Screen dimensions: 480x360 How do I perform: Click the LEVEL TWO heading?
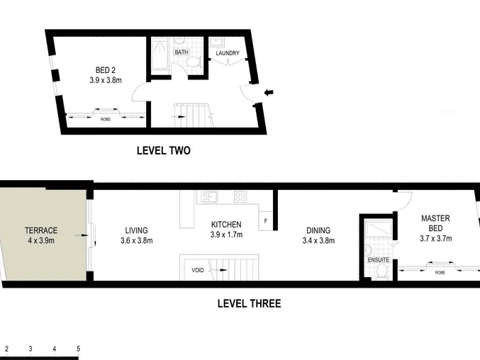coord(164,150)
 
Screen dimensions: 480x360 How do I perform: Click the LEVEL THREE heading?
coord(249,303)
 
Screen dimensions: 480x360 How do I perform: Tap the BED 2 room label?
coord(106,70)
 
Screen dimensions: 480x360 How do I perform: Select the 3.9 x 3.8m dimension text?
coord(106,80)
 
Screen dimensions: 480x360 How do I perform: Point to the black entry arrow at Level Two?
coord(269,92)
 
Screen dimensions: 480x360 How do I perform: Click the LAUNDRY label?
coord(228,53)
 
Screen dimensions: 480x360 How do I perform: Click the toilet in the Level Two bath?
coord(193,62)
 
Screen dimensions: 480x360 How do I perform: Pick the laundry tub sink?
coord(217,43)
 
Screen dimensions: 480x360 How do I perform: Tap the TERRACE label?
coord(41,230)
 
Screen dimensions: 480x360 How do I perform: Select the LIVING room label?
coord(136,230)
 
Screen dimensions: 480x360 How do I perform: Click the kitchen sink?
coord(209,197)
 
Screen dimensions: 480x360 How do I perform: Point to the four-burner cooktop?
coord(240,197)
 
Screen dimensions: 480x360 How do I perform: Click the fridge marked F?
coord(265,221)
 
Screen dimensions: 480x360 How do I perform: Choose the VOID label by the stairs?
coord(197,270)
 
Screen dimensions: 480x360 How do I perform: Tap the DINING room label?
coord(318,230)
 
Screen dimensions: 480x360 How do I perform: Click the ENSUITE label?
coord(379,259)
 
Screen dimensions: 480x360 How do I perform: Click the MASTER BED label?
coord(435,223)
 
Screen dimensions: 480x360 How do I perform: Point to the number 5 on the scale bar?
coord(79,349)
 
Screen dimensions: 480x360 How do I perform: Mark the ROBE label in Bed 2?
coord(106,119)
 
